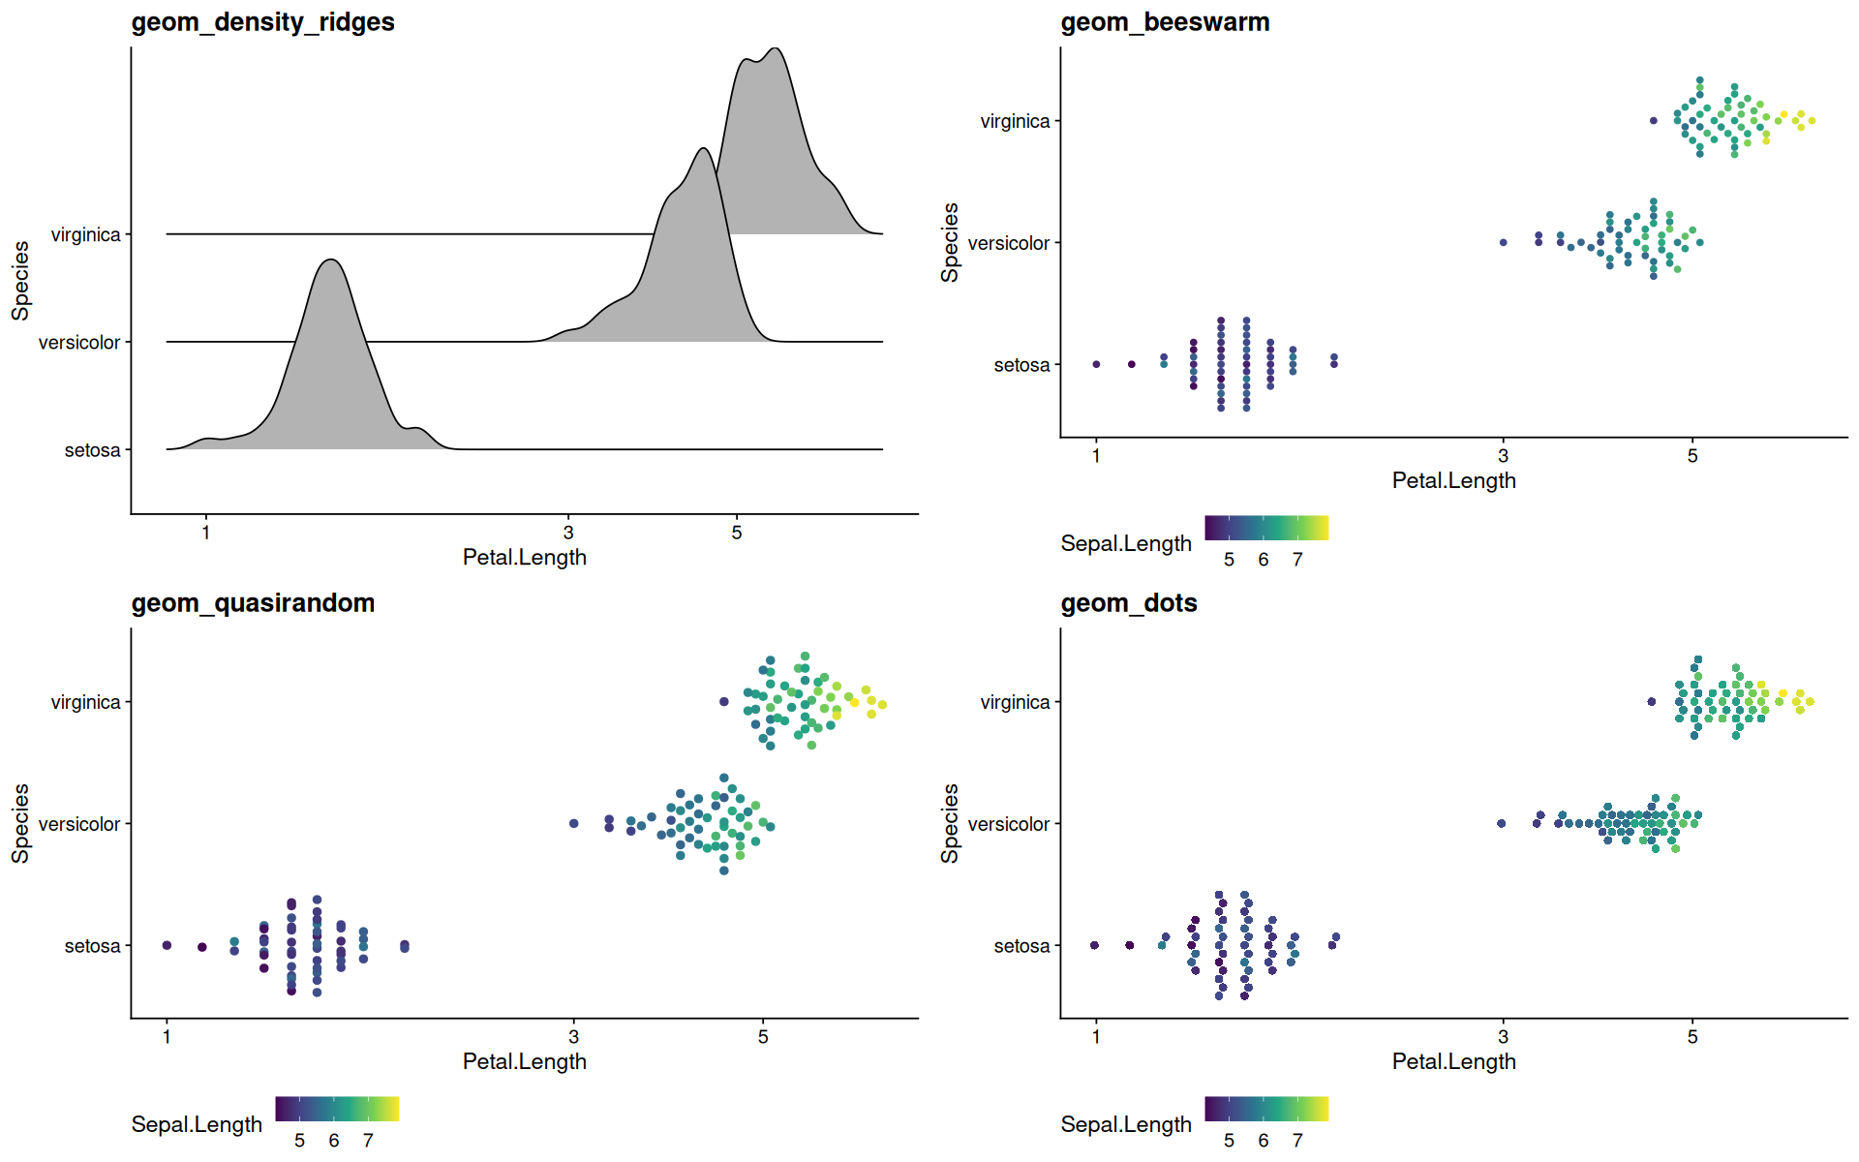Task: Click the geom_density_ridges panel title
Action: [262, 22]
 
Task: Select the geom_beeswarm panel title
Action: [1165, 22]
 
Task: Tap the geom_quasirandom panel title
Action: [253, 603]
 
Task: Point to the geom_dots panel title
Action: [1129, 603]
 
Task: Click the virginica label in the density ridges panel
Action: [86, 235]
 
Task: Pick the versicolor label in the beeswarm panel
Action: [1009, 243]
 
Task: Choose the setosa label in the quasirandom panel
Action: [93, 946]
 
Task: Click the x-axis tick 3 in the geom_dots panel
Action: [1503, 1037]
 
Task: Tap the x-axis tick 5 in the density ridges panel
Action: [737, 533]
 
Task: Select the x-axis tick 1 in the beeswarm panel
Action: [1096, 456]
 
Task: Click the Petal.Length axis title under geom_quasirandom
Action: [525, 1061]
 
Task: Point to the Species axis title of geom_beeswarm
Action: [950, 242]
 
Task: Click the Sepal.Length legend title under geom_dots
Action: [1126, 1124]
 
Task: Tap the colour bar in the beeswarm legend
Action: [1266, 528]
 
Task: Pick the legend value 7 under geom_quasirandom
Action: [368, 1141]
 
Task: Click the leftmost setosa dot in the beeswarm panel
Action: [1096, 364]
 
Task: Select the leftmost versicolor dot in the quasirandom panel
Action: [574, 823]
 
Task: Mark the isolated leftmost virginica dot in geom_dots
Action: [1652, 702]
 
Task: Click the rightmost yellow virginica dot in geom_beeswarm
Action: [1812, 121]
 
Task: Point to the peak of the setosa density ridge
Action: [331, 260]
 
